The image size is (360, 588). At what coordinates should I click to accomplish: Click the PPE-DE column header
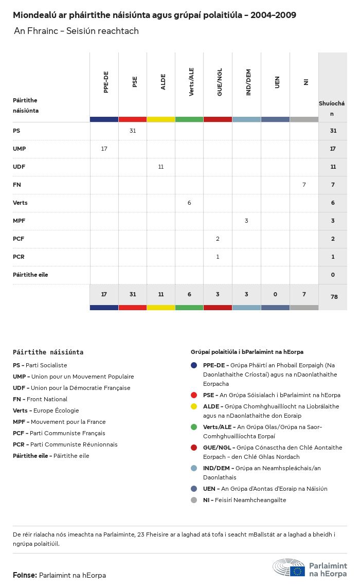point(106,82)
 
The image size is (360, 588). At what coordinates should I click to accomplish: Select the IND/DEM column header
point(248,82)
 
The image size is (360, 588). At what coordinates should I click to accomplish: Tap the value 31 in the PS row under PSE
point(133,131)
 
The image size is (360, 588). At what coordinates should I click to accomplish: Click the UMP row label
point(19,149)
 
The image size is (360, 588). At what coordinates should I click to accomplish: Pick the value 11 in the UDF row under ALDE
point(161,167)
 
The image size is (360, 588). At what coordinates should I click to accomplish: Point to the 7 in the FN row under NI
point(304,185)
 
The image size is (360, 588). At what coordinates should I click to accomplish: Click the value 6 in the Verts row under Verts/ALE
point(189,203)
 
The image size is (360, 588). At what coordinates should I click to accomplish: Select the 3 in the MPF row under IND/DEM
point(246,221)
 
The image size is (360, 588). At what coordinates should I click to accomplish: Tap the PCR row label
point(19,257)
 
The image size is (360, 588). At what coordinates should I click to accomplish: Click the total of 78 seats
point(333,297)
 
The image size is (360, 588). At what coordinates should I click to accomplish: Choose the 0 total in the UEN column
point(275,294)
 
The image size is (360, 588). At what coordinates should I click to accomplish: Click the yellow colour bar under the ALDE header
point(161,119)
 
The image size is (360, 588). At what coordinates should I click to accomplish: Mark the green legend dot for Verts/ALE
point(194,427)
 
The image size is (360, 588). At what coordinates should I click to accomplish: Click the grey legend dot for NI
point(194,500)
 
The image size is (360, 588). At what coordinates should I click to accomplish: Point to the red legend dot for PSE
point(194,395)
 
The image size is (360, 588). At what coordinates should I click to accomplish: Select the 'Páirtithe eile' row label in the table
point(30,275)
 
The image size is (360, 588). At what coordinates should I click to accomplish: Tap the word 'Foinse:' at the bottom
point(25,575)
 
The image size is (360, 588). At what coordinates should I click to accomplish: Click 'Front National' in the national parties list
point(47,399)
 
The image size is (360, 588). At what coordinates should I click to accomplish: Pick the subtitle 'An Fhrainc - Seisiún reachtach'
point(76,31)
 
